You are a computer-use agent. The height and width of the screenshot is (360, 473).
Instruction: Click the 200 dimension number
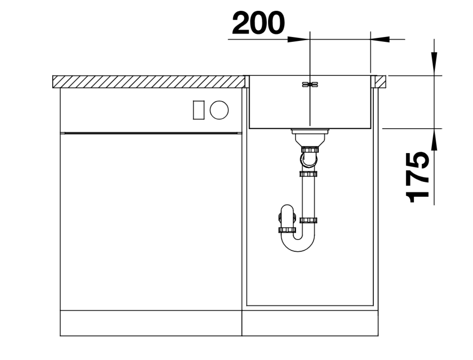point(258,23)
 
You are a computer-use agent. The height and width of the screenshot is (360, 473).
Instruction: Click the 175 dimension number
point(418,177)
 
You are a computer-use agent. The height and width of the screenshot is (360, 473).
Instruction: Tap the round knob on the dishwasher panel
point(219,110)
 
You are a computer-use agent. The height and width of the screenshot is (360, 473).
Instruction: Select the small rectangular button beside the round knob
point(199,110)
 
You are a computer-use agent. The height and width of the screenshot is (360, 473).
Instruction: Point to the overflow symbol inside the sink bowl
point(310,85)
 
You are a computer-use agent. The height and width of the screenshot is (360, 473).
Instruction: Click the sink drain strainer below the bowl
point(310,132)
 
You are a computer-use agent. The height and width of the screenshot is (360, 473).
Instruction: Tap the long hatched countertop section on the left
point(148,82)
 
